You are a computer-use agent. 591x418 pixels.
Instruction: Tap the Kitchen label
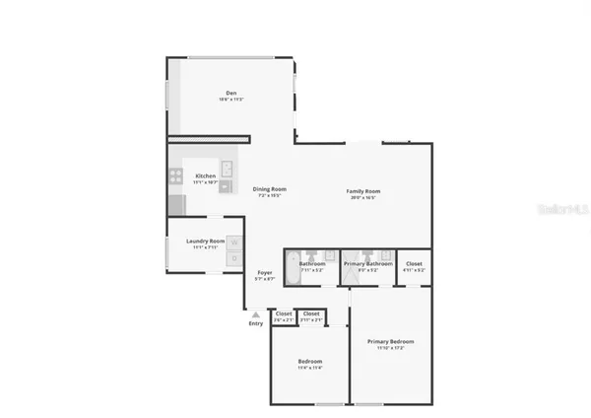[205, 175]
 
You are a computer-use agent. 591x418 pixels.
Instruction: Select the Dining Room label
[268, 188]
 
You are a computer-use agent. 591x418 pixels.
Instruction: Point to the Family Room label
[362, 190]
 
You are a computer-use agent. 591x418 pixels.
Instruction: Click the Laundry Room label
[206, 241]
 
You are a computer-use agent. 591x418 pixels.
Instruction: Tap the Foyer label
[265, 272]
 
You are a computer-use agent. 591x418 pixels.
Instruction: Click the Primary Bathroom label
[368, 263]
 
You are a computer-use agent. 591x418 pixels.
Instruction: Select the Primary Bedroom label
[391, 341]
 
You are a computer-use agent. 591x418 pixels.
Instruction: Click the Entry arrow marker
[255, 314]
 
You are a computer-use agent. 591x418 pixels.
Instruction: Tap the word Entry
[255, 323]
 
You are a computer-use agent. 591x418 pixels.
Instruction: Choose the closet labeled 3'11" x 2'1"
[310, 316]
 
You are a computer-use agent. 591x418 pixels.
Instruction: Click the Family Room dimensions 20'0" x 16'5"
[362, 197]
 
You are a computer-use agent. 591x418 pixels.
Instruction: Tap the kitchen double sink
[226, 174]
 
